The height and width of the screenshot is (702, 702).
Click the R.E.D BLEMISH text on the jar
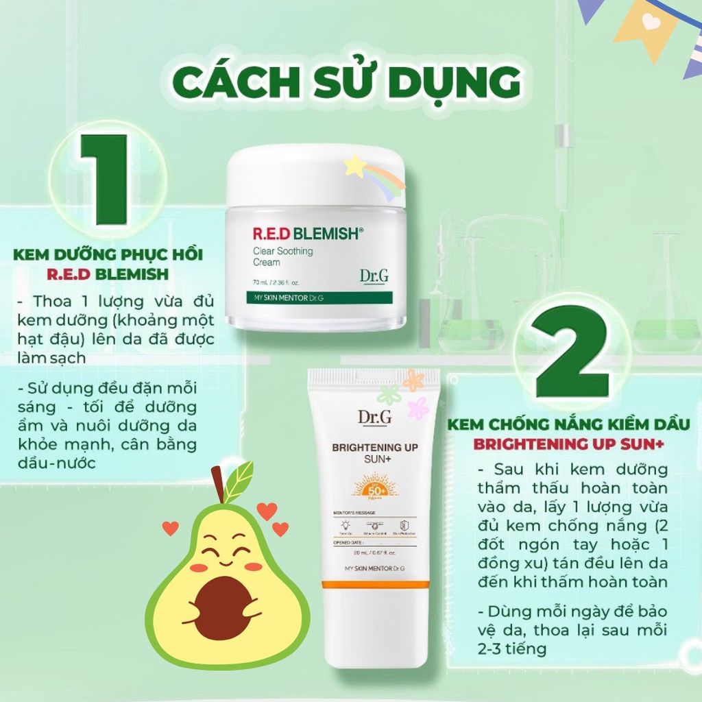(301, 233)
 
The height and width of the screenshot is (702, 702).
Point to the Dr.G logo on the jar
(374, 276)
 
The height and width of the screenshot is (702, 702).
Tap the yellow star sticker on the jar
(354, 165)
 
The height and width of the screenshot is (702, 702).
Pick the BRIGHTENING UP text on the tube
(375, 448)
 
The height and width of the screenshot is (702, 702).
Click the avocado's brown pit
(220, 607)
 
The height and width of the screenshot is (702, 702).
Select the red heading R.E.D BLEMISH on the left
(108, 275)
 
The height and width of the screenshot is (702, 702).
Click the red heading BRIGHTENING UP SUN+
(569, 444)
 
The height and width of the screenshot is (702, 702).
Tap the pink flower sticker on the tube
(417, 407)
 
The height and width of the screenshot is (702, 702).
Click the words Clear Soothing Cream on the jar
(278, 256)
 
